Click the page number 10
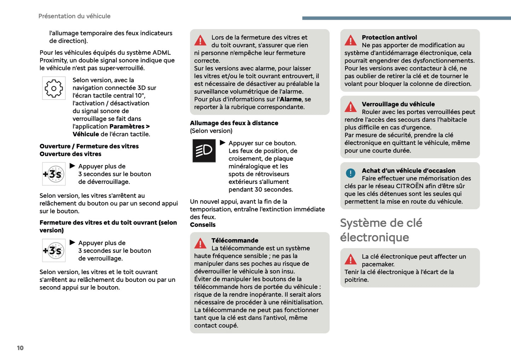(x=20, y=348)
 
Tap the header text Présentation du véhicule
(x=74, y=16)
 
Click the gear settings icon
(x=54, y=88)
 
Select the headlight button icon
(x=204, y=151)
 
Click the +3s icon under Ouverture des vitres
(x=54, y=174)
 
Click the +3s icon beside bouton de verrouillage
(x=54, y=251)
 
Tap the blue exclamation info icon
(x=350, y=173)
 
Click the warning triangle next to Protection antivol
(x=350, y=41)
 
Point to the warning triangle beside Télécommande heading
(x=200, y=244)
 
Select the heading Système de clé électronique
(x=381, y=230)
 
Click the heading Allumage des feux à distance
(x=234, y=123)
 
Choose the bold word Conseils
(x=203, y=225)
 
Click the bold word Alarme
(x=290, y=99)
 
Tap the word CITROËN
(x=410, y=186)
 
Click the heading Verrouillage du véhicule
(x=398, y=104)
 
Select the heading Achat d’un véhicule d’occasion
(x=408, y=171)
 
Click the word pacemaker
(x=378, y=265)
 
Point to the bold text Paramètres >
(x=129, y=127)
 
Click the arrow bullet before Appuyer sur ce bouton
(x=222, y=143)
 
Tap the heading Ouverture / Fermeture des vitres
(x=89, y=146)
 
